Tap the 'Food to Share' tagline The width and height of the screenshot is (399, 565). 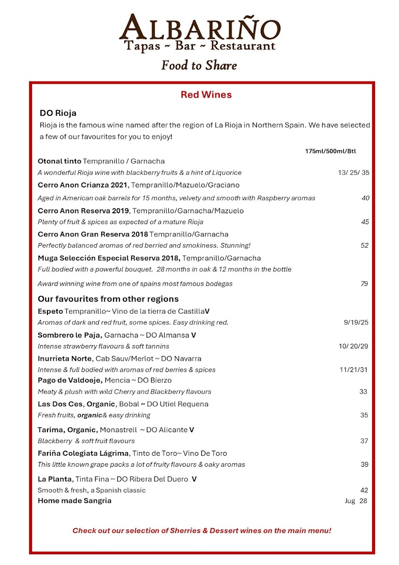(199, 65)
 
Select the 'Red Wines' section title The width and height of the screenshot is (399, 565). (206, 95)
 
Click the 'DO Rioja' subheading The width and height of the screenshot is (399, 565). (58, 113)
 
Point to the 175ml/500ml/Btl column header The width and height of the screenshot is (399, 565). (330, 151)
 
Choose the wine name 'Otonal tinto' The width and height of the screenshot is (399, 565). (59, 161)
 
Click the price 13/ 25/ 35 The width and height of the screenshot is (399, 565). (353, 172)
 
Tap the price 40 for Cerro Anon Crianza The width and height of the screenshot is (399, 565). (366, 198)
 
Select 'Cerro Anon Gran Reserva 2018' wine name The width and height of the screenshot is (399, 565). (93, 234)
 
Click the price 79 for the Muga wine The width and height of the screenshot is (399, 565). (364, 283)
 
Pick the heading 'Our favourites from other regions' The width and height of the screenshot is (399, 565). (108, 299)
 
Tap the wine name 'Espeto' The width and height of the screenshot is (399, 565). (50, 311)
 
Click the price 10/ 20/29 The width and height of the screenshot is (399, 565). (353, 346)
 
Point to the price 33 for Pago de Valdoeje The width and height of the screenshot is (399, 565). (363, 391)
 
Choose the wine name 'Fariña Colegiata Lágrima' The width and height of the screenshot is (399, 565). (83, 453)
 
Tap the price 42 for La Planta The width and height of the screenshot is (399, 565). (364, 490)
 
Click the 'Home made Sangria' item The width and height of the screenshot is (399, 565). (74, 500)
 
